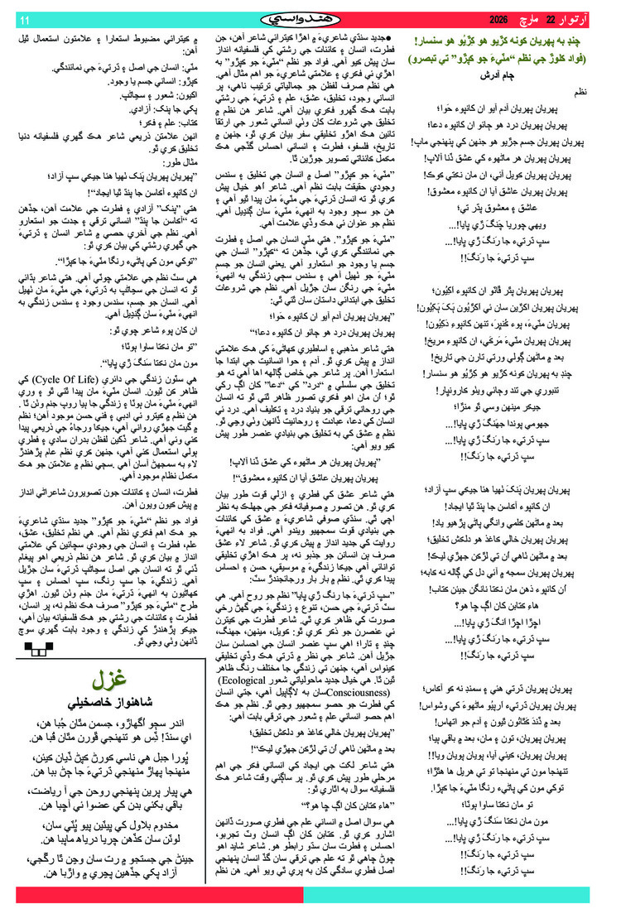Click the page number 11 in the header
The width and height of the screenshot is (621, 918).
coord(24,20)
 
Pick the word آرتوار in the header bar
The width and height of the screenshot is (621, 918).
coord(583,19)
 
